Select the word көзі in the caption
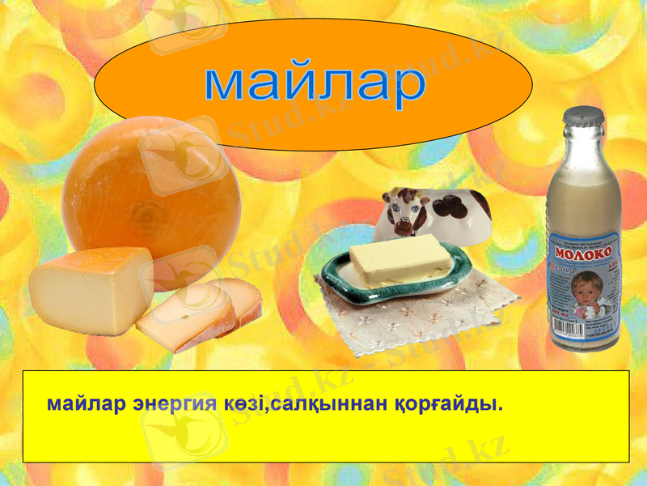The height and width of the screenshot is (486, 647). coord(245,403)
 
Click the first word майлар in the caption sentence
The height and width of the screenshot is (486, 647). coord(86,403)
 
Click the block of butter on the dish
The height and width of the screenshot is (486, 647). coord(400,260)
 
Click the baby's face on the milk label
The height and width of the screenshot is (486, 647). coord(580,290)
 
